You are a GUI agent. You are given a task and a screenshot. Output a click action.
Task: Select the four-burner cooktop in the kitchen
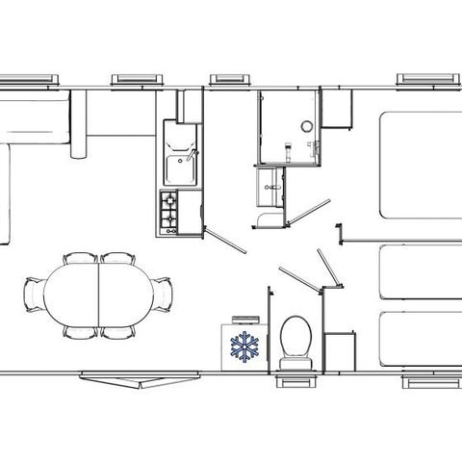tap(169, 211)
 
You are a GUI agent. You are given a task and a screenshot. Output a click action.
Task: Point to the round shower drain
tap(307, 124)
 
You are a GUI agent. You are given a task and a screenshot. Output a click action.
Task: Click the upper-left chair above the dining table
tap(79, 258)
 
